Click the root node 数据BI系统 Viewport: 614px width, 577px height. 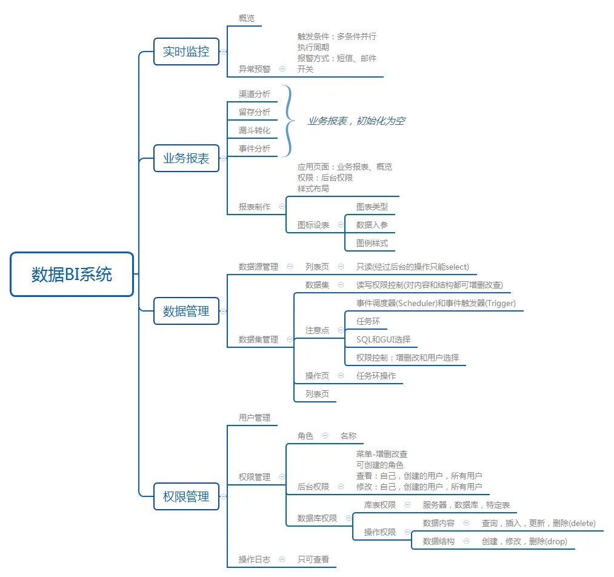(72, 275)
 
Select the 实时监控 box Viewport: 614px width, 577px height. (186, 52)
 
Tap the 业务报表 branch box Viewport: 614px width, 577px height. (186, 158)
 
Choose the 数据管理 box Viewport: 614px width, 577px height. (186, 311)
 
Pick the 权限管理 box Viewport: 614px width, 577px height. (186, 496)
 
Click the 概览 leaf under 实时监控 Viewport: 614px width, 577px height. (247, 18)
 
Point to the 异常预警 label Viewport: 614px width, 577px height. (255, 69)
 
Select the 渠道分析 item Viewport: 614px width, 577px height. (255, 94)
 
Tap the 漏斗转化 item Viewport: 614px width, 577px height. (255, 130)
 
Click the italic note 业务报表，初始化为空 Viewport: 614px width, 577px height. (356, 121)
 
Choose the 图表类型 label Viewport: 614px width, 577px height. (372, 207)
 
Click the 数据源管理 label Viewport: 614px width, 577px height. (258, 267)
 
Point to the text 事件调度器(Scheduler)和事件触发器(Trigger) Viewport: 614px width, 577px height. (436, 303)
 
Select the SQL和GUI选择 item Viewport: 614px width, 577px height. (383, 339)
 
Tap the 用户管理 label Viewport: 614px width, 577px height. (255, 418)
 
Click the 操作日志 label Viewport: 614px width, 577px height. (255, 559)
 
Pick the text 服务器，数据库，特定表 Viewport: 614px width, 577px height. (466, 505)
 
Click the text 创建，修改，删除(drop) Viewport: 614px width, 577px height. (524, 541)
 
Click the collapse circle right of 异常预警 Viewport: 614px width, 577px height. (282, 69)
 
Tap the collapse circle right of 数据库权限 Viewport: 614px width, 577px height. (349, 518)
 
